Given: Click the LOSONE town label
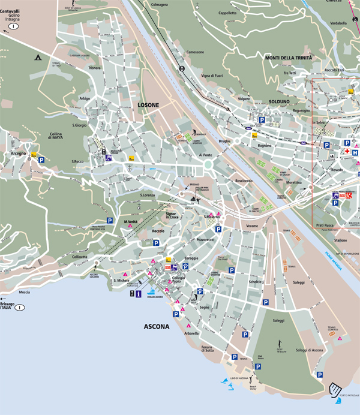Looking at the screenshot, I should pyautogui.click(x=148, y=105).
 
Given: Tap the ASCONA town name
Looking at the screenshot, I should pyautogui.click(x=157, y=327).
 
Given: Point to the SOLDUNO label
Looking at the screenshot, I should pyautogui.click(x=279, y=102).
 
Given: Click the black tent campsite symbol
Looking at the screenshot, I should pyautogui.click(x=37, y=58).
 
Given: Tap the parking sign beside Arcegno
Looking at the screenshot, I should pyautogui.click(x=41, y=160).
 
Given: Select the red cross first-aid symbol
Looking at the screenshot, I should pyautogui.click(x=346, y=152).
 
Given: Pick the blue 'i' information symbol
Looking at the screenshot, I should pyautogui.click(x=138, y=294).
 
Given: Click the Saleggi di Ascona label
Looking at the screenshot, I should pyautogui.click(x=310, y=350).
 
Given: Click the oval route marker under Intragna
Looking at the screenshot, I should pyautogui.click(x=13, y=28).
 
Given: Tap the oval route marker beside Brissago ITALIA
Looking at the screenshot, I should pyautogui.click(x=20, y=308).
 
